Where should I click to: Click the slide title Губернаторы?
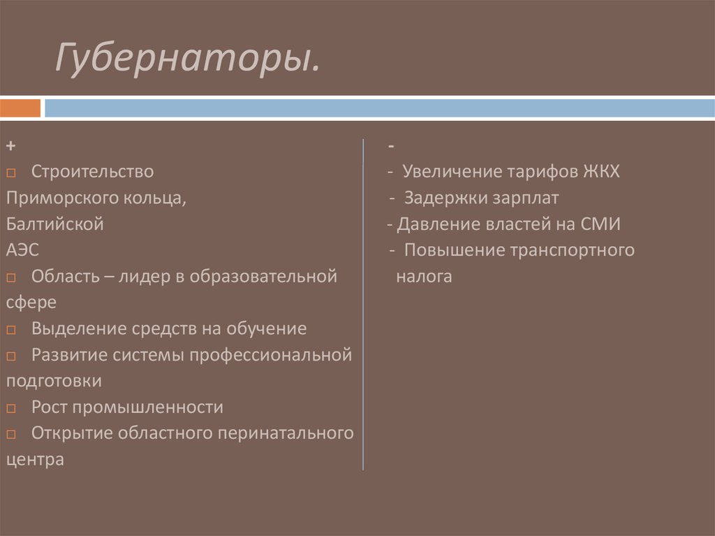[x=189, y=60]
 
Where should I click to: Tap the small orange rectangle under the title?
[x=20, y=108]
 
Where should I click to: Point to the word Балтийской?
[x=55, y=224]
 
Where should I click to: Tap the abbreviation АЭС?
[x=22, y=250]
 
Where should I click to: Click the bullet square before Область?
[x=13, y=277]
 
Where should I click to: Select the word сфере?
[x=31, y=303]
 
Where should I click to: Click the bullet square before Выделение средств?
[x=13, y=330]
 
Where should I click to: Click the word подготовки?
[x=54, y=381]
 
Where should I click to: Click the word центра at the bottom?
[x=35, y=459]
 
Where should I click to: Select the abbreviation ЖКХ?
[x=600, y=172]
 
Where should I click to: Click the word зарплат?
[x=524, y=198]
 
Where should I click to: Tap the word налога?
[x=424, y=277]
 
